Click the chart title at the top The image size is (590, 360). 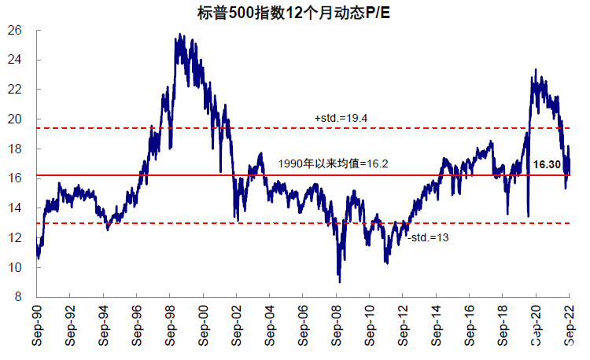(294, 11)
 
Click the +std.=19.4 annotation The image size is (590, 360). (341, 118)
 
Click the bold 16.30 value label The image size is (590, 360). (549, 165)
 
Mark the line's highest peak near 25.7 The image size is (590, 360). (181, 35)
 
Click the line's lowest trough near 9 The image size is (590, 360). (339, 281)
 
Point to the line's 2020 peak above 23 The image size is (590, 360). (535, 70)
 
